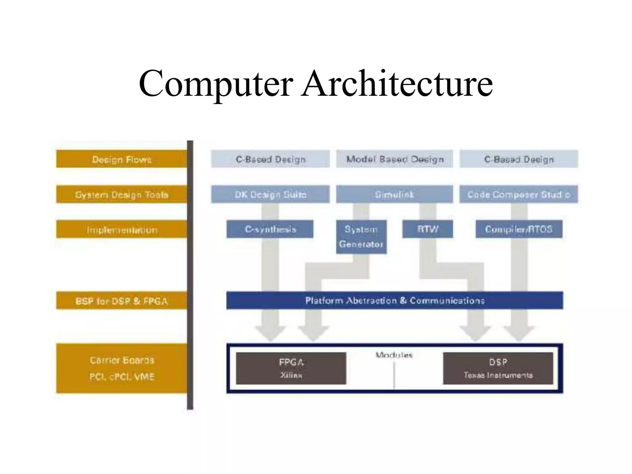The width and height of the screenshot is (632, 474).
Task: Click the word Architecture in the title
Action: [397, 83]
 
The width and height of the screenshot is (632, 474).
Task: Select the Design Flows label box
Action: [122, 159]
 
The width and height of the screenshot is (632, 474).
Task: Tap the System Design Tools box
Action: [122, 194]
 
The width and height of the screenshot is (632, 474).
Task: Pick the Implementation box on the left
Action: [122, 229]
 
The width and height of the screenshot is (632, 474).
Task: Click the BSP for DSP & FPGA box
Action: [122, 301]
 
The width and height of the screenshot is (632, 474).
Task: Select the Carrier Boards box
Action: [122, 368]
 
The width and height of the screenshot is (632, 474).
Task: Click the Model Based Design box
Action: [394, 159]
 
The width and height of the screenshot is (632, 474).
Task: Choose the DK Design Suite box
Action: [270, 194]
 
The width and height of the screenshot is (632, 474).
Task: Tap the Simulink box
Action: [394, 194]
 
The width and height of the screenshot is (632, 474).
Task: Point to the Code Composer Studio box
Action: [518, 194]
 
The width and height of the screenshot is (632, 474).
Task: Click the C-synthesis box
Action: [270, 229]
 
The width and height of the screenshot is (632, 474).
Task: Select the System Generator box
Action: [361, 237]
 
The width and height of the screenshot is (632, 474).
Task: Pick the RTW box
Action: [428, 229]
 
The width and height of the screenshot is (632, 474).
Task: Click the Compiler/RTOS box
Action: [519, 229]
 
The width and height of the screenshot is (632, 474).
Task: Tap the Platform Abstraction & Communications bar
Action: [395, 300]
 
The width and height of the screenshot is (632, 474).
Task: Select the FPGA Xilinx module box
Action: [291, 368]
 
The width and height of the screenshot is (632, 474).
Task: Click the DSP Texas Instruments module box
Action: [498, 368]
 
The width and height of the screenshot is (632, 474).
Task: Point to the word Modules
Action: [394, 355]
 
